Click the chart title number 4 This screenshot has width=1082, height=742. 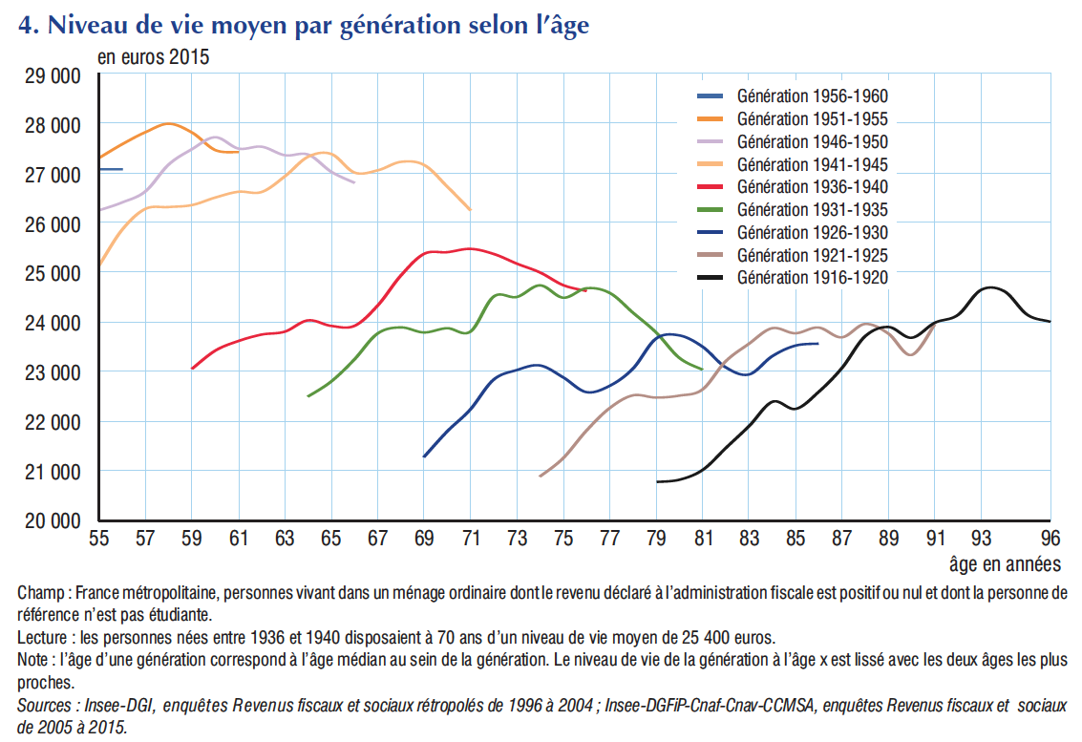[x=28, y=27]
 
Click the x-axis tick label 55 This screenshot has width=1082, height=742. [x=99, y=537]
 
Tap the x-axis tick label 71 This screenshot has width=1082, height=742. [x=470, y=537]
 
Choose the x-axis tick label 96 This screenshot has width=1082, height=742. [x=1050, y=537]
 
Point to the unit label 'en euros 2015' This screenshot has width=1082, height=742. [x=154, y=56]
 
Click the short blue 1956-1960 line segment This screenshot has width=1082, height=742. [x=110, y=169]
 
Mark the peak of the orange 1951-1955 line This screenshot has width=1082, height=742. [x=168, y=123]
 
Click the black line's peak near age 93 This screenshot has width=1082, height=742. [x=991, y=287]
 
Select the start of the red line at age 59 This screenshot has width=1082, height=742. [x=193, y=368]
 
